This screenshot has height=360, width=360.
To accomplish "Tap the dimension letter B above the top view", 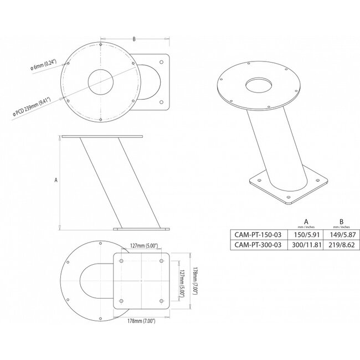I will click(134, 39).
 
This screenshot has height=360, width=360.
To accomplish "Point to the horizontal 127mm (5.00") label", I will click(141, 247).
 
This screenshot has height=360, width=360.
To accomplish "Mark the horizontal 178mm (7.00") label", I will click(141, 321).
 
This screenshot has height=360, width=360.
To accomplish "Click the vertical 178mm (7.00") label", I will click(192, 281).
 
